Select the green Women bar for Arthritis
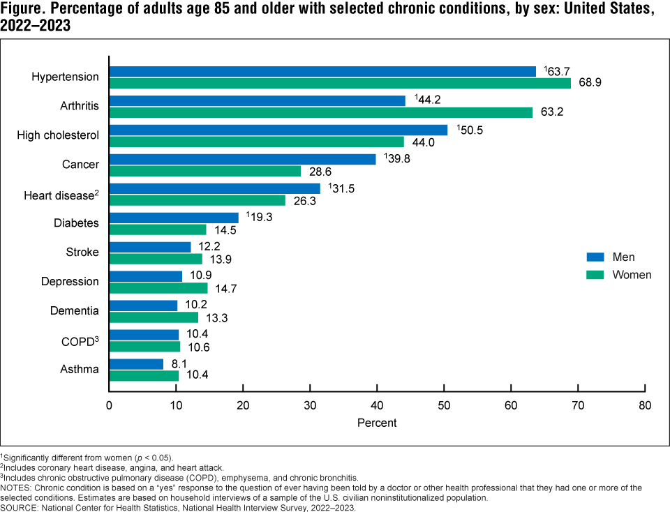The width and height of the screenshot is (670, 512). pyautogui.click(x=321, y=112)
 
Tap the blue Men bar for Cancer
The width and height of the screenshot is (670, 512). pyautogui.click(x=242, y=159)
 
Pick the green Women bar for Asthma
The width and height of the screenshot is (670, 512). pyautogui.click(x=144, y=375)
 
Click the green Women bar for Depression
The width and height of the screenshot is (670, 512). pyautogui.click(x=158, y=287)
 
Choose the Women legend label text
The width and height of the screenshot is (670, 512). pyautogui.click(x=632, y=275)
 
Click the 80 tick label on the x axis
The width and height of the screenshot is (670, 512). pyautogui.click(x=645, y=405)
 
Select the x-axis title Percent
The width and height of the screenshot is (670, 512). pyautogui.click(x=377, y=423)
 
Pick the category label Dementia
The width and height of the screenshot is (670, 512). pyautogui.click(x=75, y=311)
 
